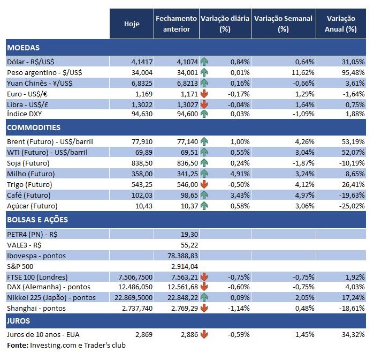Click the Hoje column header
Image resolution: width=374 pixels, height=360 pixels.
(x=132, y=24)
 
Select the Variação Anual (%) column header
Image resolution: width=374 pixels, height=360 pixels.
(x=341, y=24)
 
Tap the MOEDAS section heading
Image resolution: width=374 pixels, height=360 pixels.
(x=24, y=48)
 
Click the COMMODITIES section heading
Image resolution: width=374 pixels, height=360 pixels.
(x=34, y=127)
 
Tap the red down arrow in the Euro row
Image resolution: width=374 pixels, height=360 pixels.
(x=204, y=93)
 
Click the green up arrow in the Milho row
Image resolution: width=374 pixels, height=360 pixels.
(x=204, y=174)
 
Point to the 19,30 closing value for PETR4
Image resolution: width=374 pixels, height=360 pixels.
(x=189, y=234)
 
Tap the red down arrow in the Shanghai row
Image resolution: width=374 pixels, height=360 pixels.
(x=204, y=307)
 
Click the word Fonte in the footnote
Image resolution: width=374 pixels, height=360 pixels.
(x=17, y=346)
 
